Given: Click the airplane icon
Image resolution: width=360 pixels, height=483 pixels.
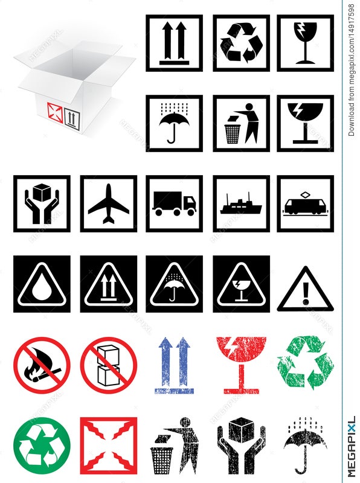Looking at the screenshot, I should click(109, 203).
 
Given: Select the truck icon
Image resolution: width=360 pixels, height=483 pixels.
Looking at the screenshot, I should click(174, 203).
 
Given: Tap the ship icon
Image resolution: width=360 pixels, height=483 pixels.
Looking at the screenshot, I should click(241, 204).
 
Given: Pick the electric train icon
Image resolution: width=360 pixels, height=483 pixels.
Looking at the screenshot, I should click(306, 204).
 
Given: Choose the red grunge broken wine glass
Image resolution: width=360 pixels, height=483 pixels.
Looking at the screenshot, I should click(241, 365).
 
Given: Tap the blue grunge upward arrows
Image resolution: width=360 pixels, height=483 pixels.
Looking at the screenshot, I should click(174, 365).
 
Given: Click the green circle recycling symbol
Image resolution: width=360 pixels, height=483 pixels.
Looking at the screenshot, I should click(42, 446).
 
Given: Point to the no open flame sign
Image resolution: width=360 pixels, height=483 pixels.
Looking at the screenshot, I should click(42, 365).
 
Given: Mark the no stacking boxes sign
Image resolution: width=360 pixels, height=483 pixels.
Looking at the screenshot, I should click(109, 365).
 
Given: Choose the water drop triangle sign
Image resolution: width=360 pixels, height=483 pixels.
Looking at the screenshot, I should click(42, 284).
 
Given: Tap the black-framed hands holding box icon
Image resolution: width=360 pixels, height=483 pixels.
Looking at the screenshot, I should click(42, 203).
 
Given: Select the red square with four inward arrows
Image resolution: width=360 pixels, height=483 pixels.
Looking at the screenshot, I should click(109, 446).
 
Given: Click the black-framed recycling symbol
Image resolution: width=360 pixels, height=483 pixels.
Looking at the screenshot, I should click(241, 43).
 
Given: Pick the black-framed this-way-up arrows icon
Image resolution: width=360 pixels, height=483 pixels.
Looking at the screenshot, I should click(174, 43).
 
